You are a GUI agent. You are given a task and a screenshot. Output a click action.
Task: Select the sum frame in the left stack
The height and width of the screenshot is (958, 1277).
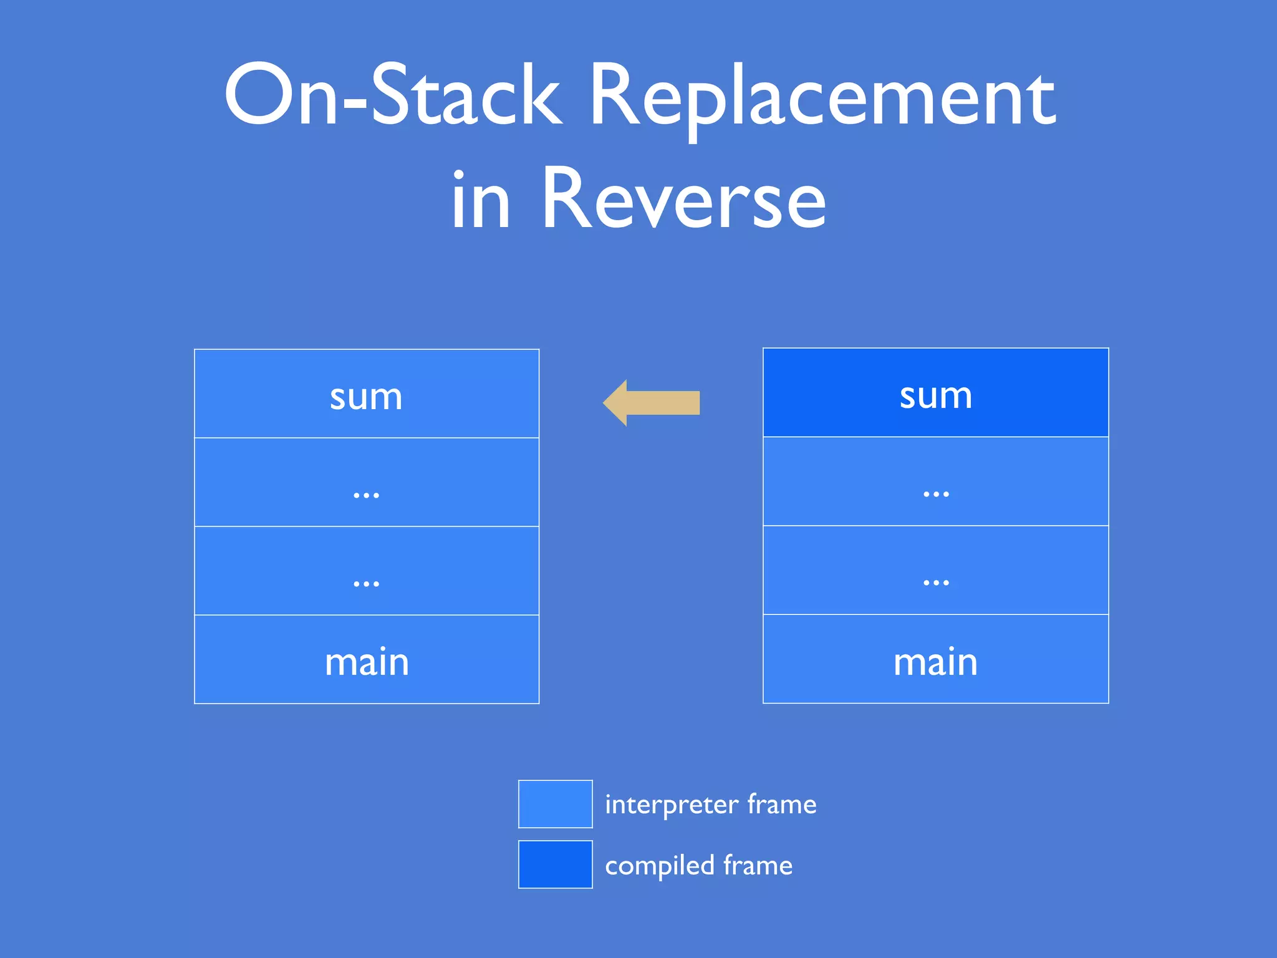click(367, 394)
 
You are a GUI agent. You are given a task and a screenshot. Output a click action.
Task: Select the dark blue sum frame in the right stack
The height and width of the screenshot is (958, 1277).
click(935, 393)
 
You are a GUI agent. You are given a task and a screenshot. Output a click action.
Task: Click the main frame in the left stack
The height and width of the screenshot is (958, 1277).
click(367, 660)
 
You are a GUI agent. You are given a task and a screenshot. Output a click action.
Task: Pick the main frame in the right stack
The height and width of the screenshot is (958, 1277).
click(935, 659)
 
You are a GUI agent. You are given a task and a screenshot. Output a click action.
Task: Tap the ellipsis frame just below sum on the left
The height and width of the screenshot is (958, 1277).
click(367, 483)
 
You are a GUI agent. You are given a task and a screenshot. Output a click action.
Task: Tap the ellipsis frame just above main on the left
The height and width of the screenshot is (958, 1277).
click(367, 571)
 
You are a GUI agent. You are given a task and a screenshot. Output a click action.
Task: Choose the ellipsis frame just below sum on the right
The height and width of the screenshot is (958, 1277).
click(935, 481)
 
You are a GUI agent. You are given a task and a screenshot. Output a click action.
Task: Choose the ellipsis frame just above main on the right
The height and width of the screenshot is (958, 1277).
click(935, 570)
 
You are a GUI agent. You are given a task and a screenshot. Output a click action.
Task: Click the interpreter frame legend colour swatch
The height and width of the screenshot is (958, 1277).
click(555, 804)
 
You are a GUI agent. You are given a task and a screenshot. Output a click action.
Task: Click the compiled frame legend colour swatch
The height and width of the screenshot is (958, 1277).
click(555, 864)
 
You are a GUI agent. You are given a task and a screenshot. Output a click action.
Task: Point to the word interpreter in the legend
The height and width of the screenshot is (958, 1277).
click(672, 805)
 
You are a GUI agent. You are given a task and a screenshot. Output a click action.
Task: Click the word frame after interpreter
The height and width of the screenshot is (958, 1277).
click(782, 805)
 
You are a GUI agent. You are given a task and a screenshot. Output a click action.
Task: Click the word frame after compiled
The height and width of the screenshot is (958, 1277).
click(758, 866)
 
